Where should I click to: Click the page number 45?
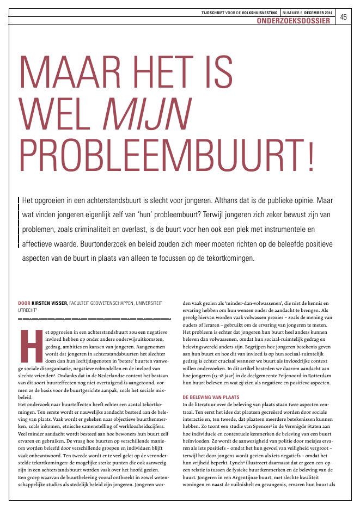344,17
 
